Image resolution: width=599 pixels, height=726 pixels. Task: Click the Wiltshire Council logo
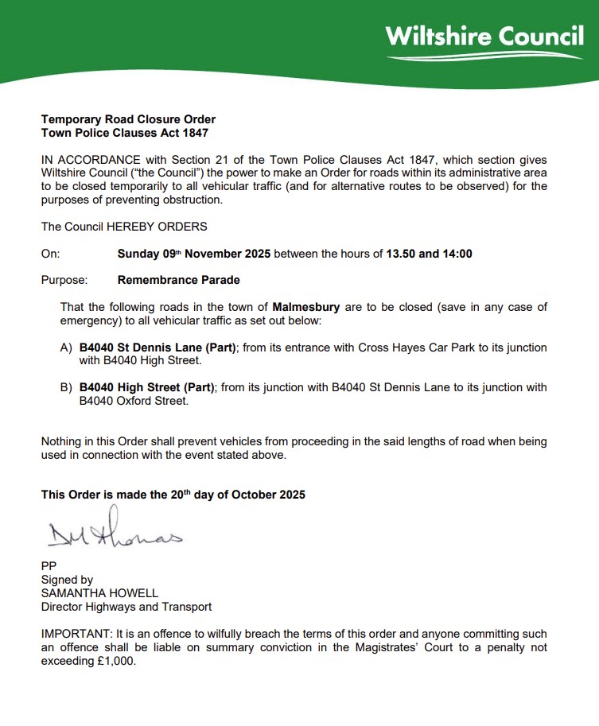pos(484,40)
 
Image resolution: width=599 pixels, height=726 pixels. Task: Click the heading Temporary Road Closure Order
pos(128,119)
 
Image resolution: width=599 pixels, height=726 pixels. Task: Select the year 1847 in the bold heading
pos(194,133)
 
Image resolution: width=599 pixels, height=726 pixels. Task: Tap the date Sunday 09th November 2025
pos(194,254)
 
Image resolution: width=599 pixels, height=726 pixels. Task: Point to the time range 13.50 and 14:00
pos(429,254)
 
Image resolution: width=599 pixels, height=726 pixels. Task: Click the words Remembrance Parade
pos(178,280)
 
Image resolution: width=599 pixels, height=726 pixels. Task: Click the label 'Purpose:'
pos(64,280)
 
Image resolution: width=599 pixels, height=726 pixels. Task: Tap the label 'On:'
pos(50,254)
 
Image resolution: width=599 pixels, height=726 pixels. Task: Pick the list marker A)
pos(67,347)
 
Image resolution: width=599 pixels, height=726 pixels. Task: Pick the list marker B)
pos(67,387)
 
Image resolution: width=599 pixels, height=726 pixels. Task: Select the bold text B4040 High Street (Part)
pos(147,387)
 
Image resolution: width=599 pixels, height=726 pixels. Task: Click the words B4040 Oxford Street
pos(134,401)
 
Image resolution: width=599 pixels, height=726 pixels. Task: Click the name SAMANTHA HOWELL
pos(99,593)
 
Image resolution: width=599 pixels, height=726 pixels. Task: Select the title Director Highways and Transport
pos(126,607)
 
